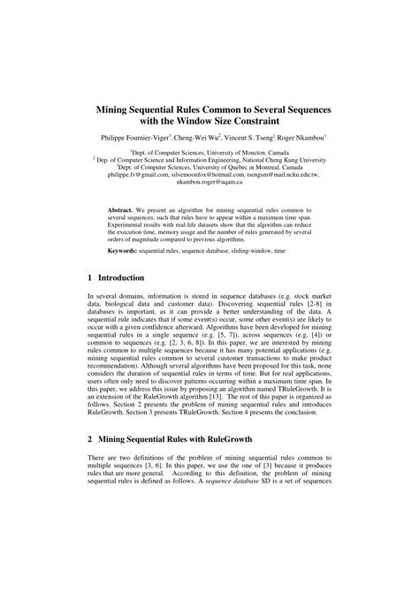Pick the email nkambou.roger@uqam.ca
click(209, 183)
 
